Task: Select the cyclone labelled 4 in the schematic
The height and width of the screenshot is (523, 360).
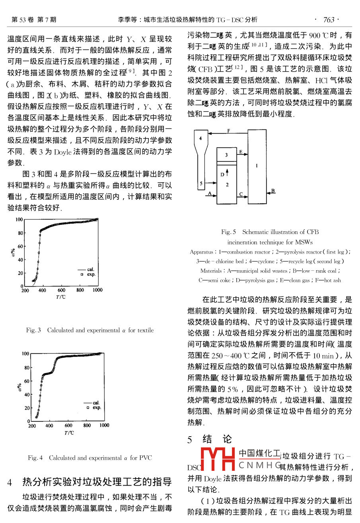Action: pyautogui.click(x=201, y=139)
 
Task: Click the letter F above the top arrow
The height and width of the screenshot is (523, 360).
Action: pyautogui.click(x=228, y=131)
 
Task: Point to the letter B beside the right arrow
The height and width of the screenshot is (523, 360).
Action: pyautogui.click(x=272, y=191)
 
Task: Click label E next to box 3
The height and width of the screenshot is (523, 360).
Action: pyautogui.click(x=240, y=152)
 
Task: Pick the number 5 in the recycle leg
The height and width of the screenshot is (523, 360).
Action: pyautogui.click(x=201, y=183)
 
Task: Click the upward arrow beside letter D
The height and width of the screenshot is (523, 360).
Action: pyautogui.click(x=228, y=172)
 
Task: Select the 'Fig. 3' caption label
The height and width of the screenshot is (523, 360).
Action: pyautogui.click(x=33, y=330)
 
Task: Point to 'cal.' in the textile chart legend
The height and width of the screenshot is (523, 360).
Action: pyautogui.click(x=91, y=269)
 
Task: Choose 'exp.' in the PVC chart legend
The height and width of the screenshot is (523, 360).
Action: pyautogui.click(x=97, y=408)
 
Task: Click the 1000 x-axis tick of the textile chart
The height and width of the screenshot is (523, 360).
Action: pyautogui.click(x=97, y=290)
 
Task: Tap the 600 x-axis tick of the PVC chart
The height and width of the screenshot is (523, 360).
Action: pyautogui.click(x=68, y=425)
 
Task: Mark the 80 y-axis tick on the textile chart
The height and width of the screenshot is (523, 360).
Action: pyautogui.click(x=19, y=233)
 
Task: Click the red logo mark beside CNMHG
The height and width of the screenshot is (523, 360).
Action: pyautogui.click(x=218, y=459)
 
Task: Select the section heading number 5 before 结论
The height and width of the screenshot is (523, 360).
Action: pyautogui.click(x=190, y=439)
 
